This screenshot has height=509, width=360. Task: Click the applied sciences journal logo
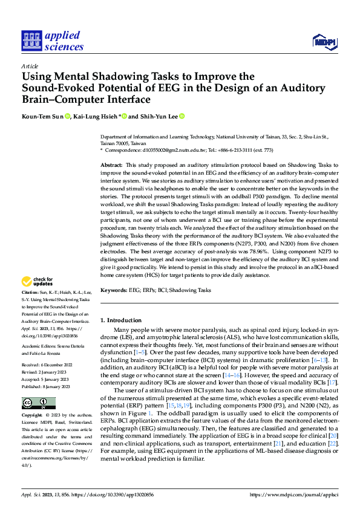coord(52,39)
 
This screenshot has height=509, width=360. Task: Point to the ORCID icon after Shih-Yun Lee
coord(182,116)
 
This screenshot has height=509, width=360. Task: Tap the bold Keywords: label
coord(114,290)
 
